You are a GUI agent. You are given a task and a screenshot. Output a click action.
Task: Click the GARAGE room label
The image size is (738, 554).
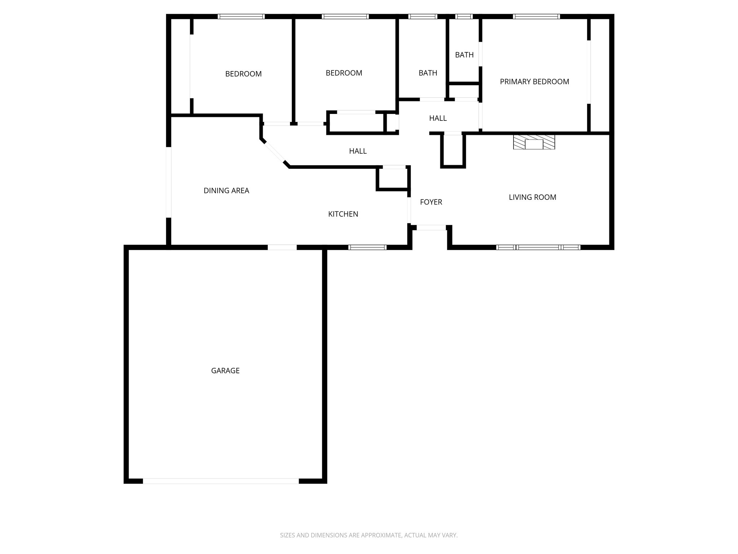pos(225,370)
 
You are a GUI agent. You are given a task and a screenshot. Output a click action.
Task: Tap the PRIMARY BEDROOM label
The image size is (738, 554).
pos(534,82)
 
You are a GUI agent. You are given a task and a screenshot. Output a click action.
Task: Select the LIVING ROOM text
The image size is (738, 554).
pos(532,197)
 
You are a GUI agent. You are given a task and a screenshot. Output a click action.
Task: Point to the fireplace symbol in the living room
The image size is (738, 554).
pos(534,142)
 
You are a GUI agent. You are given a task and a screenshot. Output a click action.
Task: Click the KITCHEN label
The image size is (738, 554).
pos(343,214)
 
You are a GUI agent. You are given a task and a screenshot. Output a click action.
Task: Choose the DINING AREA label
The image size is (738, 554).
pos(226,191)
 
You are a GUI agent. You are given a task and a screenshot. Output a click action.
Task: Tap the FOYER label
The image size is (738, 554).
pos(431,202)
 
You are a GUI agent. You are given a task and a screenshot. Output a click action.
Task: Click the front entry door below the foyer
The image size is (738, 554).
pos(431,228)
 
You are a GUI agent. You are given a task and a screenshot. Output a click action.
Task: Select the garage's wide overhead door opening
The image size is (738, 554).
pos(221,481)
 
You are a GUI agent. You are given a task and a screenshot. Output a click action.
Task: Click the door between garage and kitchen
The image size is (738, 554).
pos(282,247)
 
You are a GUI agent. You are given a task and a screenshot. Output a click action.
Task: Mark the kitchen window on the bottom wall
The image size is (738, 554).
pos(368,247)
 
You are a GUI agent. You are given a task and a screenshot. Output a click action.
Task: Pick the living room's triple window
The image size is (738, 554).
pos(538,247)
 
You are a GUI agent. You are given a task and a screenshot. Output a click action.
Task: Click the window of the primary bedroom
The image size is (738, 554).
pos(536,16)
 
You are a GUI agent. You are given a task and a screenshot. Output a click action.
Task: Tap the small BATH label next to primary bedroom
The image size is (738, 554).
pos(464,55)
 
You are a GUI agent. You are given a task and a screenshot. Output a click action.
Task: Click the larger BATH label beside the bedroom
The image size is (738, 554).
pos(428,73)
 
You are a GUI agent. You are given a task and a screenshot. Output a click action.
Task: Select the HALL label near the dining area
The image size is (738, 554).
pos(358,151)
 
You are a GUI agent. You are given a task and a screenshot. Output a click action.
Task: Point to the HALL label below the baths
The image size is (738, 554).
pos(438,118)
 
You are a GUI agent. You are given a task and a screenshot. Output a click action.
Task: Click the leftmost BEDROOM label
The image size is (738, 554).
pos(243,74)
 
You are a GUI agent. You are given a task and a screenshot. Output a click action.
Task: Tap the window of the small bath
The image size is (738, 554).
pos(464,16)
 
